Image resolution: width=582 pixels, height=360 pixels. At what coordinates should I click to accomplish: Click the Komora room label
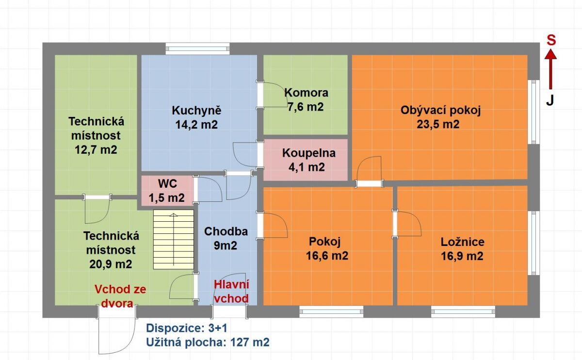pyautogui.click(x=306, y=93)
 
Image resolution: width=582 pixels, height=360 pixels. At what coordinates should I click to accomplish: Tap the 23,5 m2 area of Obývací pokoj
pyautogui.click(x=438, y=124)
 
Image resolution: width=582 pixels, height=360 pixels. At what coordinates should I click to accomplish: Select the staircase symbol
pyautogui.click(x=173, y=239)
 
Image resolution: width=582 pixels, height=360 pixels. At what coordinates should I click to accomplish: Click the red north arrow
pyautogui.click(x=550, y=70)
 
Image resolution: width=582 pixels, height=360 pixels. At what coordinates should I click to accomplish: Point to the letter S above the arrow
pyautogui.click(x=551, y=41)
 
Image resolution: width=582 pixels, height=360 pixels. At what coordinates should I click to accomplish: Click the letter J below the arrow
pyautogui.click(x=550, y=100)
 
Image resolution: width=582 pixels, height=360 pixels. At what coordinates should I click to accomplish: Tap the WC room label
pyautogui.click(x=168, y=184)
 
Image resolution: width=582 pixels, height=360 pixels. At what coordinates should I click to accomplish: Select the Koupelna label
pyautogui.click(x=309, y=153)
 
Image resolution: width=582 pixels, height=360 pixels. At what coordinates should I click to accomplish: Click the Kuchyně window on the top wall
pyautogui.click(x=197, y=49)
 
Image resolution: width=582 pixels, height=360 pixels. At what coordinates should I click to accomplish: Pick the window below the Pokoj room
pyautogui.click(x=331, y=311)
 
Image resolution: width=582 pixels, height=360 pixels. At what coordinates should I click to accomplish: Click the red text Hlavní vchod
pyautogui.click(x=231, y=292)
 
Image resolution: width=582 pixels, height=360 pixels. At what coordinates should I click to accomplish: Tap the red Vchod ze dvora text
pyautogui.click(x=120, y=296)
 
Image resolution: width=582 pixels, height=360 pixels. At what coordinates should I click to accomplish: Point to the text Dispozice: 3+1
pyautogui.click(x=187, y=328)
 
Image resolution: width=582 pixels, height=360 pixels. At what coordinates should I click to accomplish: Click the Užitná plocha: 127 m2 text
pyautogui.click(x=208, y=343)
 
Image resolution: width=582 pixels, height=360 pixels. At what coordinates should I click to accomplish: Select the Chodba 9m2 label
pyautogui.click(x=226, y=238)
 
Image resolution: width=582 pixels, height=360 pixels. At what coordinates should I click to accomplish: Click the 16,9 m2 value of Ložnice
pyautogui.click(x=462, y=256)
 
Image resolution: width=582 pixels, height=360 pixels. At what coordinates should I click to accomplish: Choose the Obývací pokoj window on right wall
pyautogui.click(x=533, y=112)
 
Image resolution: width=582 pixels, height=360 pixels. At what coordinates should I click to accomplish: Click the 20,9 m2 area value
pyautogui.click(x=111, y=264)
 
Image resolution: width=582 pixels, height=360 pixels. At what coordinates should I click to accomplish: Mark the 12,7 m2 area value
pyautogui.click(x=96, y=150)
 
